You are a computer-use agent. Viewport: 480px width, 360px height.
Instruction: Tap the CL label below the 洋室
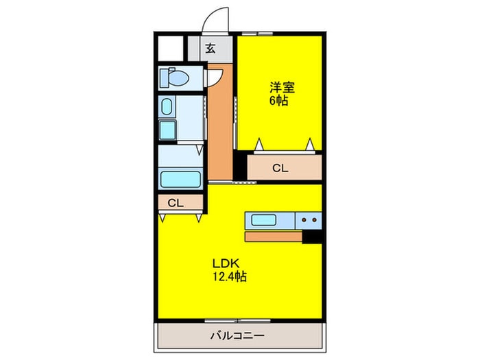tap(280, 167)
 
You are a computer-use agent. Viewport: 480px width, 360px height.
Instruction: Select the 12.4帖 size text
tap(229, 278)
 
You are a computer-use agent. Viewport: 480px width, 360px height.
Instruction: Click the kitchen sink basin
tap(263, 220)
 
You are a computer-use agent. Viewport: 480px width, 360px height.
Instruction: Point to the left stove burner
tap(303, 220)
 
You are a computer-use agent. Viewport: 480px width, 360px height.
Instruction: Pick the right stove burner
tap(315, 220)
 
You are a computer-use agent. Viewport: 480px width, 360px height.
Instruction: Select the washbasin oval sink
tap(167, 106)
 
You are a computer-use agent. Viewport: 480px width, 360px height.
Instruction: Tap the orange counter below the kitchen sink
tap(273, 237)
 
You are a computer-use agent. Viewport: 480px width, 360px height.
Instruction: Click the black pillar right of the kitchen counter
tap(313, 236)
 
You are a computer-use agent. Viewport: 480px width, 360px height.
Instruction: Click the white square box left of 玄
tap(169, 48)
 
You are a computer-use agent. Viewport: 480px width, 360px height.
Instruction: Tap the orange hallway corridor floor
tap(220, 123)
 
